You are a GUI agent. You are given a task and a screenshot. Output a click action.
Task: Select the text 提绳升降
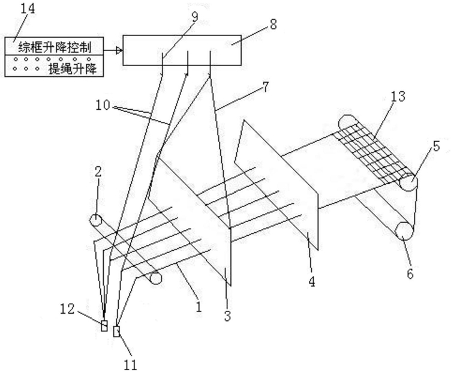[77, 70]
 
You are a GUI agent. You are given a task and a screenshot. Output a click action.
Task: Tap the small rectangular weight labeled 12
[104, 326]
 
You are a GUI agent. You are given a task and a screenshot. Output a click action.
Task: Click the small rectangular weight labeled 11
[116, 331]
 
